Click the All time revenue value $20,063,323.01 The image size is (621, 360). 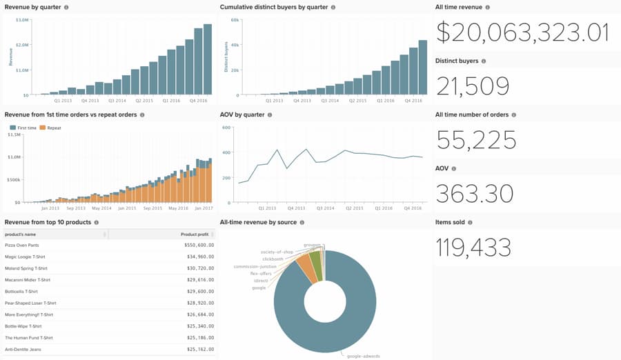click(522, 33)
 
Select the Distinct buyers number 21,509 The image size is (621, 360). click(473, 86)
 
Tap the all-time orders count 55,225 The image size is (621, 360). click(476, 140)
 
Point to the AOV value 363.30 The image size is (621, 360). click(475, 194)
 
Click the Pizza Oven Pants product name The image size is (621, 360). click(22, 245)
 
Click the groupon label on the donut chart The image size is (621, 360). click(313, 245)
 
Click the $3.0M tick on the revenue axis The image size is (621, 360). click(22, 20)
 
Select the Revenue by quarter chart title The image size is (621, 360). click(32, 7)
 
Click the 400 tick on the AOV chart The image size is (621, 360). click(226, 152)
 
